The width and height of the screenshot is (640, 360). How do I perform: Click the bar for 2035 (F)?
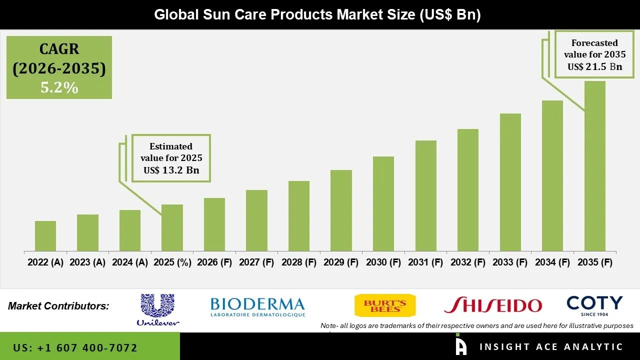(594, 166)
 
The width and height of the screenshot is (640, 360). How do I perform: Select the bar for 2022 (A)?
(45, 236)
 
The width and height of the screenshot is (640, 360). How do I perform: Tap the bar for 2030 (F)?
(383, 203)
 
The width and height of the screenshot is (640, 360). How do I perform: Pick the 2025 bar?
(172, 227)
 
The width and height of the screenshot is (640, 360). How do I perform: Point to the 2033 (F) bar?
(510, 182)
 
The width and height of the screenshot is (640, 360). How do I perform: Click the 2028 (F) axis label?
(299, 262)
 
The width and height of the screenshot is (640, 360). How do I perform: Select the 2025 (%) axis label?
(172, 262)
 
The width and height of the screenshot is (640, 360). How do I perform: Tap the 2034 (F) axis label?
(552, 262)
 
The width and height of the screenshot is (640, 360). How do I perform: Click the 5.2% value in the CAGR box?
(59, 88)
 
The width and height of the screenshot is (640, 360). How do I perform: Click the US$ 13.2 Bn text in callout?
(171, 170)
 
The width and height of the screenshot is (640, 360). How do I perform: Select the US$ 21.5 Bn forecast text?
(594, 66)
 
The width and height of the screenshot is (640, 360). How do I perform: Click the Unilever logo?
(158, 310)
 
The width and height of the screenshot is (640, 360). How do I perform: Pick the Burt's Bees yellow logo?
(384, 305)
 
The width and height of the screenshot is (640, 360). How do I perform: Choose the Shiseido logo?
(493, 305)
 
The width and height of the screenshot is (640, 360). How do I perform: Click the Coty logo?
(594, 305)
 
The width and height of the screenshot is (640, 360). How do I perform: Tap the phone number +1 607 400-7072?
(75, 347)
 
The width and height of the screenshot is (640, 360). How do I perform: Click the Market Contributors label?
(58, 306)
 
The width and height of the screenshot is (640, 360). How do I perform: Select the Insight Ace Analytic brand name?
(551, 347)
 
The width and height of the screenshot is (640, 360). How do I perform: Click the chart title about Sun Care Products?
(317, 14)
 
